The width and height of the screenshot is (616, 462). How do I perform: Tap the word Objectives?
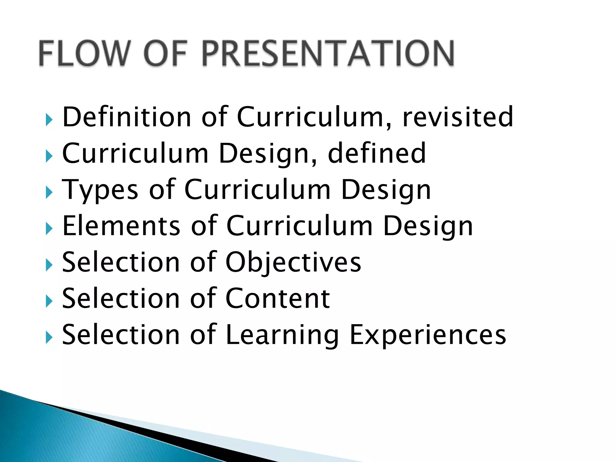[x=293, y=263]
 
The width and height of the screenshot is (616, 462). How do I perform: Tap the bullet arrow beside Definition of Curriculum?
[x=49, y=120]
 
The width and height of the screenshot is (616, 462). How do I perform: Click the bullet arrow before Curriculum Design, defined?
[x=49, y=156]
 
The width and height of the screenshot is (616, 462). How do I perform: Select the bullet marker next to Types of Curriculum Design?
[x=49, y=192]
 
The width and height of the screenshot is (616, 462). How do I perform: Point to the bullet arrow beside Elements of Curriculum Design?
[x=49, y=229]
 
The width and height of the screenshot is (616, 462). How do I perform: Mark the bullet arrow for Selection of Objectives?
[x=49, y=265]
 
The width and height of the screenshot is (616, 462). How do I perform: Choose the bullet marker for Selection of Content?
[x=49, y=301]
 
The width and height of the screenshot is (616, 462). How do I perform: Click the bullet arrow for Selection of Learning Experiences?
[x=49, y=337]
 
